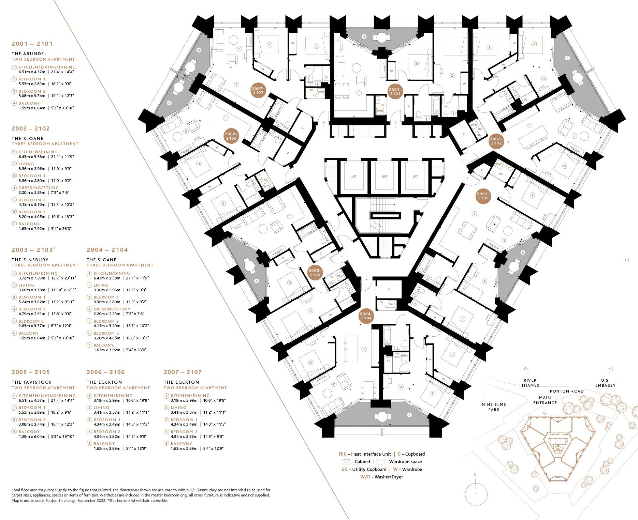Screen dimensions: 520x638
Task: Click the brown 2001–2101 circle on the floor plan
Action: [395, 91]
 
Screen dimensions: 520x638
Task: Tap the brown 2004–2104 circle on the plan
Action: [366, 316]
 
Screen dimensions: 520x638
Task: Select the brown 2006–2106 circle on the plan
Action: [231, 136]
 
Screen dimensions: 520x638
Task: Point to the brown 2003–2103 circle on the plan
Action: [483, 196]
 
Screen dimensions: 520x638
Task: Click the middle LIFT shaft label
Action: [385, 177]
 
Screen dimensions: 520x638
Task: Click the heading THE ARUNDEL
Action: [29, 53]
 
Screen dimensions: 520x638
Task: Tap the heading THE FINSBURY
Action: [30, 260]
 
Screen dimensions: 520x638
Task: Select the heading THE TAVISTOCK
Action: [31, 382]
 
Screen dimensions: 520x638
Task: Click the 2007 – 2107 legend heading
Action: [183, 372]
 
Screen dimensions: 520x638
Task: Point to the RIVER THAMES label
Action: [530, 383]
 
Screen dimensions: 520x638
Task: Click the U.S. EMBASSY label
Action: [605, 383]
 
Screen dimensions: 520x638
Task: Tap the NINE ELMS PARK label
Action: [494, 407]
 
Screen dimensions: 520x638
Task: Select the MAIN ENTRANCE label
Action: [545, 400]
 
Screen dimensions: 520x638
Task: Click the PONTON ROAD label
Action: [567, 391]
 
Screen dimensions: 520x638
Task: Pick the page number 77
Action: [627, 260]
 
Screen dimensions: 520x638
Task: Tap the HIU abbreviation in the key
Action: [343, 454]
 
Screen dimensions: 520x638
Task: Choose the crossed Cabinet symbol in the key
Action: [347, 462]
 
